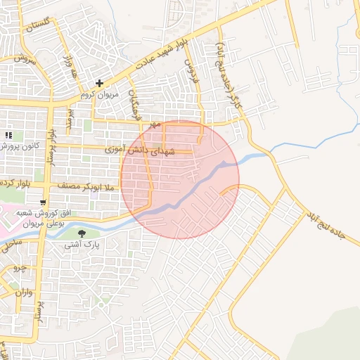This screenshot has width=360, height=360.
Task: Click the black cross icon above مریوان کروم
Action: [x=99, y=84]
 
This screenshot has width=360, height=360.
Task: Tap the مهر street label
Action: [x=155, y=124]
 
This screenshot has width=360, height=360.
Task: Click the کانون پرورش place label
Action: [x=18, y=146]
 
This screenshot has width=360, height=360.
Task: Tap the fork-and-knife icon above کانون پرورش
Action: [x=9, y=135]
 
